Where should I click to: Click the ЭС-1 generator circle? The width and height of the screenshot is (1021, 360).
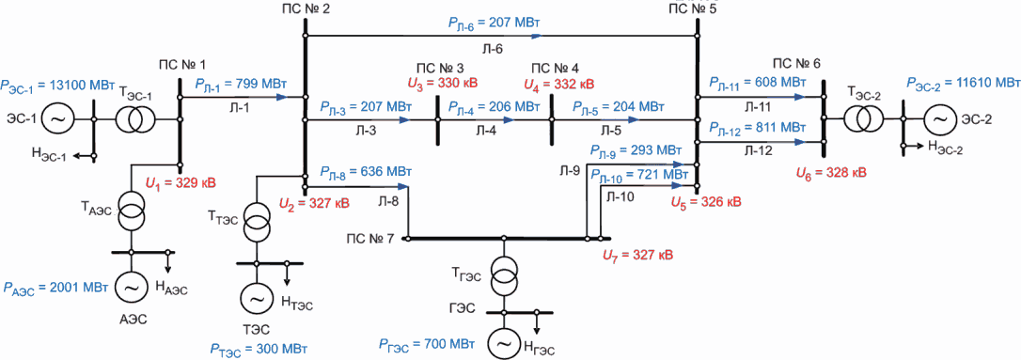coord(56,119)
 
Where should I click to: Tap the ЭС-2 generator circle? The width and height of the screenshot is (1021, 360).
coord(939,119)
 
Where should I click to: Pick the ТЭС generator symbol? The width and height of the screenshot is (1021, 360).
coord(256,300)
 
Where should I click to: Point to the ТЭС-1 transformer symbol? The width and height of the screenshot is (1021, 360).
coord(135,119)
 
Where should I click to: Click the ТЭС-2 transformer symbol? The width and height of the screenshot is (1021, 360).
coord(863,119)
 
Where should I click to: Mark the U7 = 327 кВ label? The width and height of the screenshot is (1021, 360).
coord(637,253)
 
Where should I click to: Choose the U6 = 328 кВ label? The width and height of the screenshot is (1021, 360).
coord(831,173)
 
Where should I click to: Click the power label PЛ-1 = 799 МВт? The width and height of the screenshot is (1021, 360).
coord(240,85)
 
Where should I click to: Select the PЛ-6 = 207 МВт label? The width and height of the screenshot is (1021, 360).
coord(494,23)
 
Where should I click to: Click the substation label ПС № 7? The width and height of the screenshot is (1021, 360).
coord(369,239)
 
